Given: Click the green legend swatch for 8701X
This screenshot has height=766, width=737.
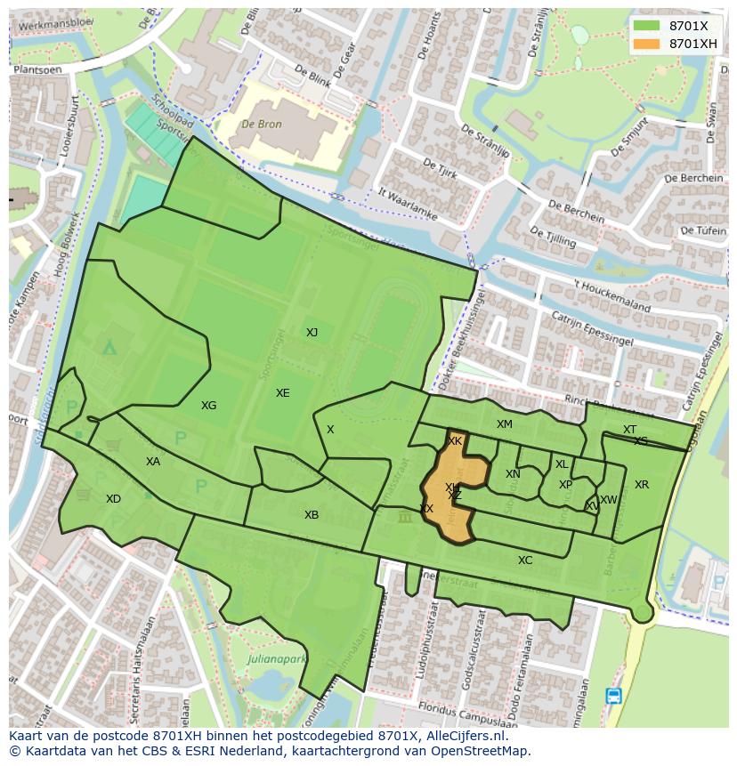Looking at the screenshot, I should click(x=647, y=26).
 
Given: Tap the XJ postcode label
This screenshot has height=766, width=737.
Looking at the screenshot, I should click(x=312, y=333).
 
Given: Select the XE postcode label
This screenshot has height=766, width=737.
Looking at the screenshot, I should click(x=282, y=393).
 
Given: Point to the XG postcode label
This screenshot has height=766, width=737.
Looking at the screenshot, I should click(x=208, y=406).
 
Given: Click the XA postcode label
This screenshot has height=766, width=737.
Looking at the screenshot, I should click(x=153, y=462).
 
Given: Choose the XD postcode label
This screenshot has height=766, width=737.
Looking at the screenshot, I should click(x=113, y=499).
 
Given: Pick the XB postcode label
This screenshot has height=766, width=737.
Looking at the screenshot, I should click(x=311, y=515).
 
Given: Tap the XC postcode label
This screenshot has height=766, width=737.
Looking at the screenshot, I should click(x=525, y=560).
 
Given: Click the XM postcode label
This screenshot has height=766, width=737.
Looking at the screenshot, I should click(x=505, y=424).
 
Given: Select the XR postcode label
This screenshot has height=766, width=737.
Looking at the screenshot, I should click(x=642, y=485).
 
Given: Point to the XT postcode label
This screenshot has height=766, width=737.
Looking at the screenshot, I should click(x=629, y=430).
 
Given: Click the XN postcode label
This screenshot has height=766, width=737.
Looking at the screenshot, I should click(x=513, y=474).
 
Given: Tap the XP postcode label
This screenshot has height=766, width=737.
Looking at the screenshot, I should click(x=565, y=485).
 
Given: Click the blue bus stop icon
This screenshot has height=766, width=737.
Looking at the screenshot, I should click(x=613, y=696).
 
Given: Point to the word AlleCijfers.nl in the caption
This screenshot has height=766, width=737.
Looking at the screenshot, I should click(x=463, y=736).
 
